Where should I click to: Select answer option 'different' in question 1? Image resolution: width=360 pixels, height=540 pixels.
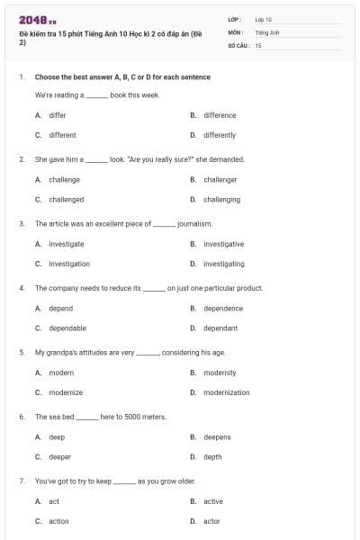(x=62, y=135)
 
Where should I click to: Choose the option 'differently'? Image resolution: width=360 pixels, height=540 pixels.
(x=220, y=135)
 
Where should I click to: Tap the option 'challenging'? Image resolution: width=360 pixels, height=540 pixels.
(x=221, y=199)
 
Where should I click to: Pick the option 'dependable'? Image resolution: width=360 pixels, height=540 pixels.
(x=67, y=328)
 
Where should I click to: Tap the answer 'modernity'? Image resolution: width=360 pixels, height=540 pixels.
(x=220, y=372)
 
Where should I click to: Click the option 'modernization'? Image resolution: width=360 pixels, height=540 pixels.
(x=227, y=391)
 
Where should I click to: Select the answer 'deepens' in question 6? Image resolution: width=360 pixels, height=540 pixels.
(x=217, y=436)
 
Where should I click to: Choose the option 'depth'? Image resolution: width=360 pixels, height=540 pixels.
(x=212, y=456)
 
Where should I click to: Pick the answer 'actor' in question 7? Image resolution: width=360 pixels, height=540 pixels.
(x=211, y=520)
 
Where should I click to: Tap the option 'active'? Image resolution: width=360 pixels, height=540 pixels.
(x=213, y=501)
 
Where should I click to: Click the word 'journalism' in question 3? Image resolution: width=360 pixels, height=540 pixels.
(x=194, y=223)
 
